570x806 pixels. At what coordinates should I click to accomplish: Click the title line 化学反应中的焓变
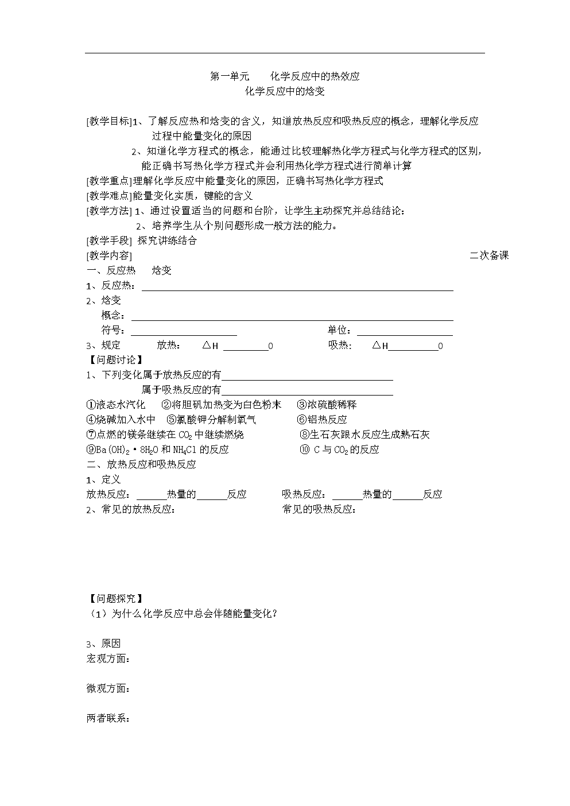coord(285,91)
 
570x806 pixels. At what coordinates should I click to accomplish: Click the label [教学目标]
coord(109,121)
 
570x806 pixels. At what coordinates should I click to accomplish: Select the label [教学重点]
coord(109,181)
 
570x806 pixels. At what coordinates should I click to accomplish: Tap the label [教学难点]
coord(109,196)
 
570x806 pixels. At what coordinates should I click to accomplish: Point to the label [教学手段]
coord(109,241)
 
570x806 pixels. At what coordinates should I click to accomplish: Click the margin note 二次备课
coord(489,255)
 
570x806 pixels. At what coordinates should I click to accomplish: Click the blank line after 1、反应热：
coord(297,288)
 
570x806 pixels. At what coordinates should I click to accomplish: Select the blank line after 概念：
coord(292,317)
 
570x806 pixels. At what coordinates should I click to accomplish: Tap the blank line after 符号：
coord(184,331)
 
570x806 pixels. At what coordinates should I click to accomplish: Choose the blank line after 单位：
coord(405,331)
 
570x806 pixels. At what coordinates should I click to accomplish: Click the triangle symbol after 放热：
coord(207,345)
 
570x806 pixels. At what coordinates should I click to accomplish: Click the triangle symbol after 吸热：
coord(377,345)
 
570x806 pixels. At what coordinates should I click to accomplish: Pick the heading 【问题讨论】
coord(114,360)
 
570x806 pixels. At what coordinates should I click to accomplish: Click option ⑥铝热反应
coord(322,420)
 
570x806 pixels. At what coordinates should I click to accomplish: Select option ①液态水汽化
coord(115,405)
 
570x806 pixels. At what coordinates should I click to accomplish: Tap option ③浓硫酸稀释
coord(327,405)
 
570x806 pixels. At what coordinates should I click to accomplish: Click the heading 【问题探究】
coord(114,599)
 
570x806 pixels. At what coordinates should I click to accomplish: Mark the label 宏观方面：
coord(108,658)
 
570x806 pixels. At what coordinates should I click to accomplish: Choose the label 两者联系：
coord(108,718)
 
